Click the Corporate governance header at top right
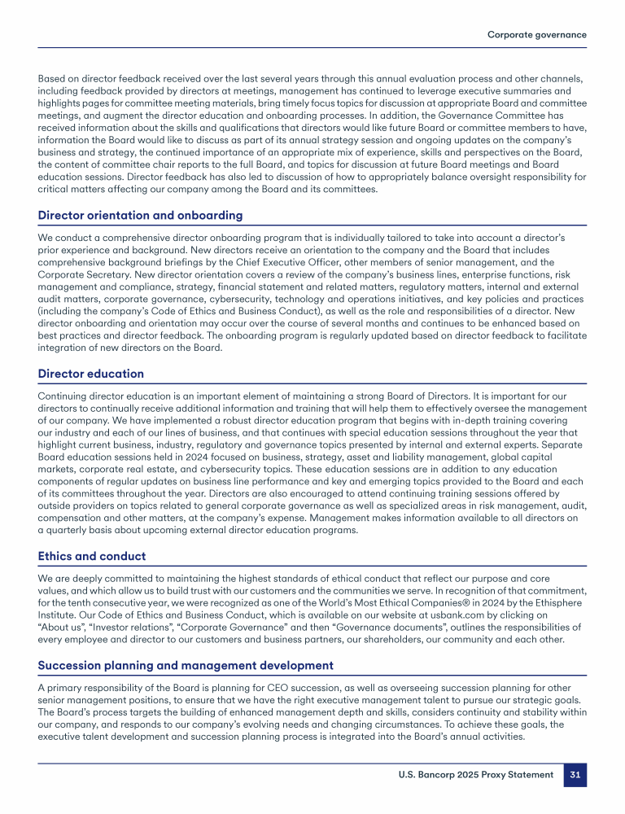536,34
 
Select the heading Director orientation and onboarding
140,216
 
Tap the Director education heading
91,374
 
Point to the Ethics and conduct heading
92,556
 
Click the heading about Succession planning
186,665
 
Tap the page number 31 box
575,774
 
